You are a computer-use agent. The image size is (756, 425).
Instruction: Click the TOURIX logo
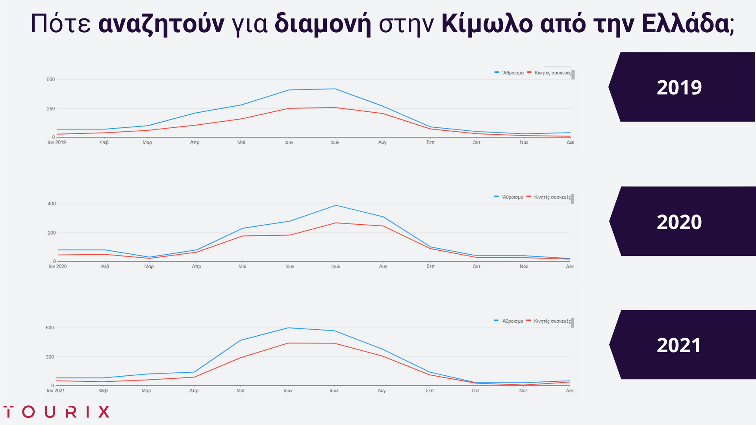56,412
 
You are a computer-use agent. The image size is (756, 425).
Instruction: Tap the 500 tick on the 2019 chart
51,79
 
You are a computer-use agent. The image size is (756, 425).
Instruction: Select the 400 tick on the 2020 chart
52,204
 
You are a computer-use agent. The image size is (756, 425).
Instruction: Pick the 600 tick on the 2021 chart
50,328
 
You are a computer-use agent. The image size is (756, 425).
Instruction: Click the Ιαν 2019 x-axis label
57,142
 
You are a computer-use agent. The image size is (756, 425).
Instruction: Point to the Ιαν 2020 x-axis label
57,266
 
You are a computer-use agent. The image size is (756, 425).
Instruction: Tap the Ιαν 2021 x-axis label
56,391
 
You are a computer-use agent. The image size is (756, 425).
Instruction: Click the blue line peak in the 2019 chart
335,89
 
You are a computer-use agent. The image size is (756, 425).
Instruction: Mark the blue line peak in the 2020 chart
335,205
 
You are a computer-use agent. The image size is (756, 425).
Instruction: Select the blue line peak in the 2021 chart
288,328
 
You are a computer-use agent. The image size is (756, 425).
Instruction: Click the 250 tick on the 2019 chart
51,109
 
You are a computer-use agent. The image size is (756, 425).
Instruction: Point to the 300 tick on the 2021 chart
50,357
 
